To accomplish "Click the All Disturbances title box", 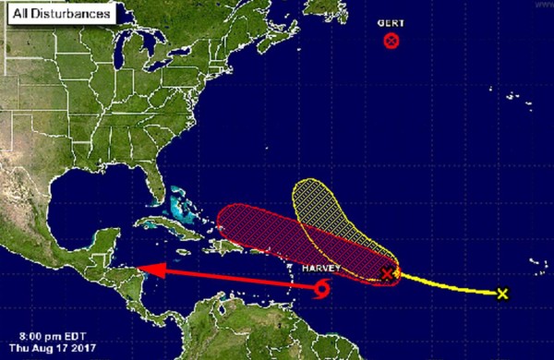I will click(57, 14).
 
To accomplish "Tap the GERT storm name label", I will click(391, 23).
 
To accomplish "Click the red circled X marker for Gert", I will click(391, 41).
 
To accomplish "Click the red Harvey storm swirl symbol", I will click(321, 291).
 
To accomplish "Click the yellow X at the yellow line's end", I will click(502, 294).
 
